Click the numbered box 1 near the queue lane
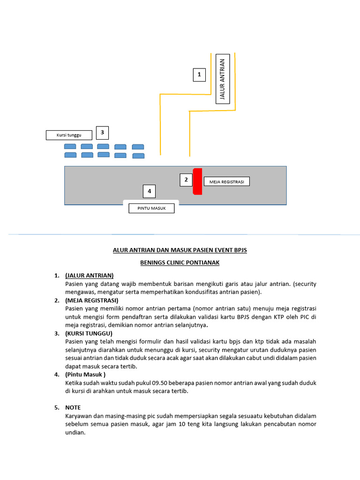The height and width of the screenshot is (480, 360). click(199, 75)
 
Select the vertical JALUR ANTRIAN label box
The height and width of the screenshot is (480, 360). click(223, 80)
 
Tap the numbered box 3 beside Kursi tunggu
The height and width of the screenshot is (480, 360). click(102, 133)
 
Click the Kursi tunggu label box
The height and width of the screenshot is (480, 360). click(69, 135)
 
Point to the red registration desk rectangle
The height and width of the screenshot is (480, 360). click(197, 181)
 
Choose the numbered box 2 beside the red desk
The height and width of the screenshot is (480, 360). click(186, 180)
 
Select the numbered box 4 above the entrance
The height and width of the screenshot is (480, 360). click(149, 191)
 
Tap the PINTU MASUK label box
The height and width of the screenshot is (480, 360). click(151, 208)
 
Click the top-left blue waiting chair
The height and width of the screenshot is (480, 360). click(70, 147)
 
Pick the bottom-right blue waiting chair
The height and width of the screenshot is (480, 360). click(138, 155)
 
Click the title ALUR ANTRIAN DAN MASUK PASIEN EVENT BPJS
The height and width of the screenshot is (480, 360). click(180, 250)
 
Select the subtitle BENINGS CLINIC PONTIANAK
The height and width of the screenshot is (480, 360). click(180, 262)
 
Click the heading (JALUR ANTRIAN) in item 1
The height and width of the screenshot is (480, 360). click(90, 275)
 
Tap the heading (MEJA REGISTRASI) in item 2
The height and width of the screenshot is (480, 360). click(92, 300)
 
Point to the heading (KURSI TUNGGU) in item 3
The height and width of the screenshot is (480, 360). click(89, 333)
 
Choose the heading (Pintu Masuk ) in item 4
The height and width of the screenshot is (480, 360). click(85, 375)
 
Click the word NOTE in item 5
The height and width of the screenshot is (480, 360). click(73, 408)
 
